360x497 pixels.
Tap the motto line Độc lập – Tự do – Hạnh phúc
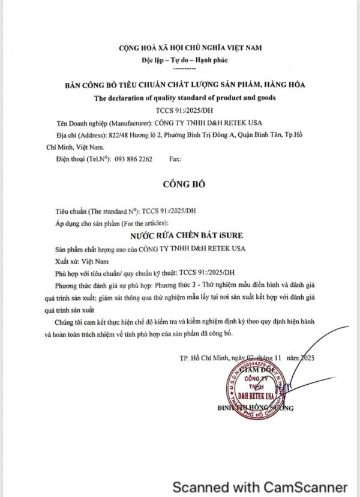pyautogui.click(x=185, y=60)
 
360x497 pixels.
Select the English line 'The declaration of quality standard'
pyautogui.click(x=185, y=98)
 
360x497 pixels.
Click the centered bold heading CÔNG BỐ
pyautogui.click(x=185, y=184)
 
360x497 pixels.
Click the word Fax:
pyautogui.click(x=176, y=159)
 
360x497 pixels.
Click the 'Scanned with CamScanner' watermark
pyautogui.click(x=260, y=487)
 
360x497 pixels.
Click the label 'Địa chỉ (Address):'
pyautogui.click(x=83, y=134)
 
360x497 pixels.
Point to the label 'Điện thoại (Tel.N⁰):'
pyautogui.click(x=83, y=159)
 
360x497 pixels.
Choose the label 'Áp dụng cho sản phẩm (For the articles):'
pyautogui.click(x=115, y=223)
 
